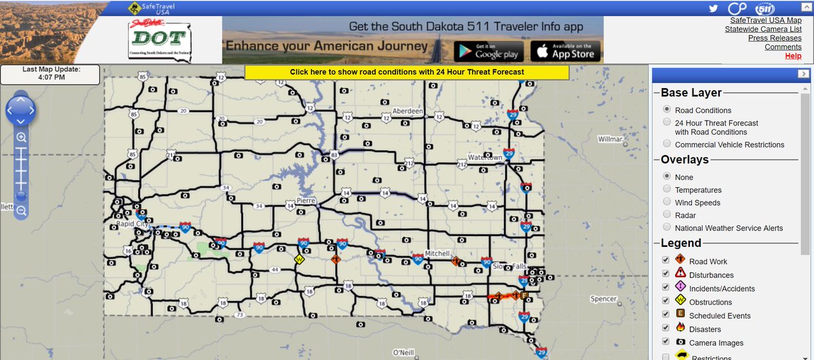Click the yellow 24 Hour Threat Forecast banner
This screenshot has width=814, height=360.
406,72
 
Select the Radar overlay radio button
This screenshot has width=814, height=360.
667,215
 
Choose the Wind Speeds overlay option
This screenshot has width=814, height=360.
667,202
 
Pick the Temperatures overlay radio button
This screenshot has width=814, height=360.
667,189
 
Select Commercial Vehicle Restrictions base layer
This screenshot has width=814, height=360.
667,144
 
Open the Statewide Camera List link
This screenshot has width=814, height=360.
762,29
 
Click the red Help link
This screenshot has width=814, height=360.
793,56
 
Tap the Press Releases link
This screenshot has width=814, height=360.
775,38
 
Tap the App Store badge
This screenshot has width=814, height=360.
566,52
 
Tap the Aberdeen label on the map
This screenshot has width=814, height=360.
408,111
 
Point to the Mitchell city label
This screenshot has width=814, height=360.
438,254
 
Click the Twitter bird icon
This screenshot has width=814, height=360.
713,8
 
